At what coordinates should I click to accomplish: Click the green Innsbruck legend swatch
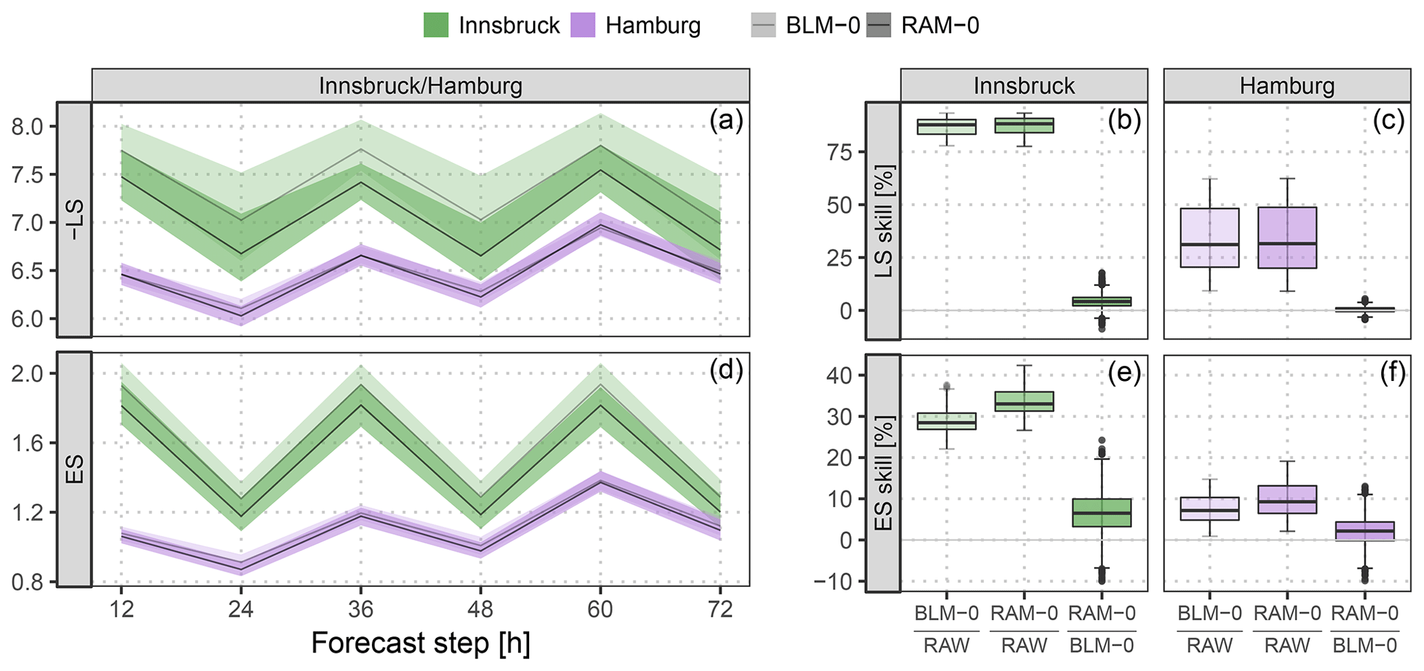435,25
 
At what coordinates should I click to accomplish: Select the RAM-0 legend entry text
940,25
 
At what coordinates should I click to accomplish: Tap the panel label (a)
725,121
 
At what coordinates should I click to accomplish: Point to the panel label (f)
1387,372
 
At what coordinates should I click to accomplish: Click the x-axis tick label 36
360,610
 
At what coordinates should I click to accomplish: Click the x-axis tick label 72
720,610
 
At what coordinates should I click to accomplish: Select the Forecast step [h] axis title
420,643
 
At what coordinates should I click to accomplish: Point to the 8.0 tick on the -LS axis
27,127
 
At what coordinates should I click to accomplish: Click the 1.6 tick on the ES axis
27,443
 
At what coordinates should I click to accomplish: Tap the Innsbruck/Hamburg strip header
420,86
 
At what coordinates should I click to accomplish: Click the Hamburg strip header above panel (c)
1287,86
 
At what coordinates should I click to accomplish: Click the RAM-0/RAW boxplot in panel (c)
1288,238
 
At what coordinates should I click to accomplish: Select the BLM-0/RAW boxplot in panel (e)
946,421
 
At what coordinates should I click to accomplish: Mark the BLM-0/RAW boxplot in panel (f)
1210,508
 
